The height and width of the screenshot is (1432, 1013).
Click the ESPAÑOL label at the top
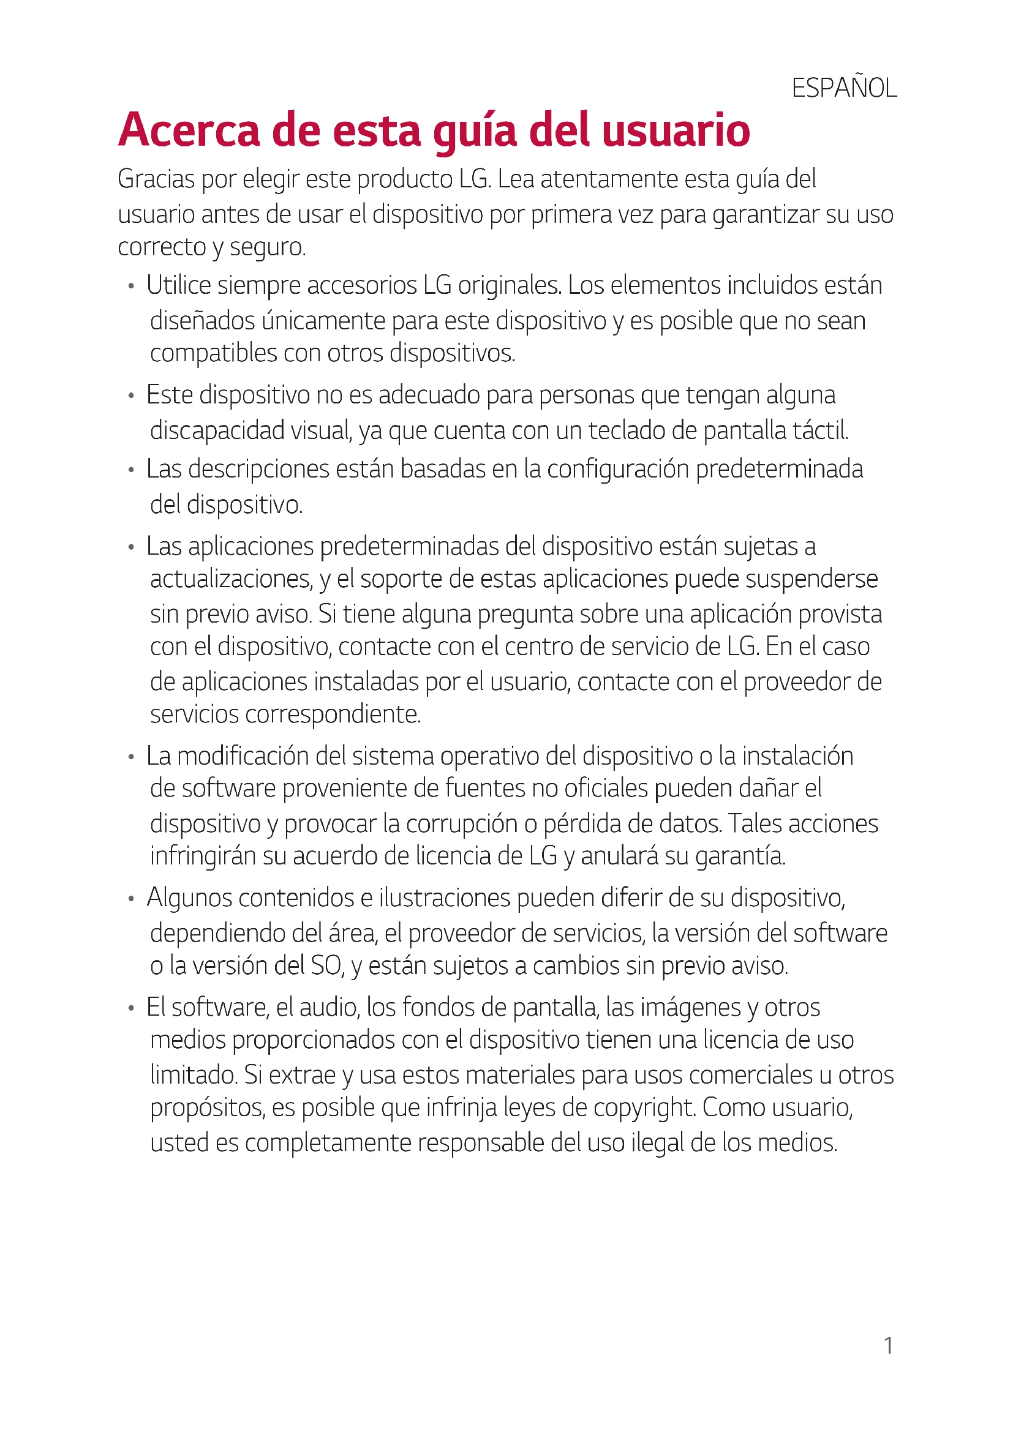click(x=844, y=89)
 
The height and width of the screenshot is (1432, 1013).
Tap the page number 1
click(x=889, y=1346)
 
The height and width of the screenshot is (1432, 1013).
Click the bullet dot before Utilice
click(x=131, y=287)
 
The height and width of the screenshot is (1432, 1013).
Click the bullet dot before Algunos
click(x=131, y=899)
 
